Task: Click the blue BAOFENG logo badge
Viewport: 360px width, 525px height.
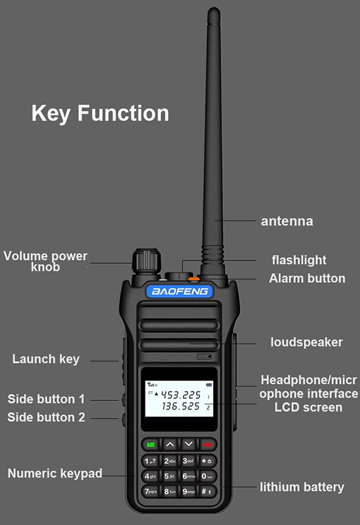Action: (x=180, y=291)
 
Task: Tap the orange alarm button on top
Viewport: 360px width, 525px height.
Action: (x=193, y=278)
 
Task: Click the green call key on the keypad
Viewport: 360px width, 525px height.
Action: (x=151, y=444)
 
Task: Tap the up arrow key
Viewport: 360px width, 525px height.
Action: (x=170, y=444)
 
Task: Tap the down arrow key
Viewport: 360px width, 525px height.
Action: (x=189, y=444)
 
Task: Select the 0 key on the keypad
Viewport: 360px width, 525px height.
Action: (x=207, y=476)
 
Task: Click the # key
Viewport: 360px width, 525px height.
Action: (x=207, y=491)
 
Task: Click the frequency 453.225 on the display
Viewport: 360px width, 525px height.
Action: (x=181, y=395)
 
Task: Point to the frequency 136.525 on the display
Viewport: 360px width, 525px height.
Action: (x=181, y=406)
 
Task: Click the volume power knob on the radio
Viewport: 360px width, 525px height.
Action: (x=146, y=261)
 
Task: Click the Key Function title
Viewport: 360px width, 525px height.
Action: (x=100, y=113)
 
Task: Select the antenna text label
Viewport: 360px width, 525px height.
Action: (x=287, y=221)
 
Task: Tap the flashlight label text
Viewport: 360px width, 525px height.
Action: (x=299, y=260)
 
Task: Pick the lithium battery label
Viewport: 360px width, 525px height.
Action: (x=302, y=487)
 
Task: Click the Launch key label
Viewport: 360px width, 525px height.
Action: (x=46, y=359)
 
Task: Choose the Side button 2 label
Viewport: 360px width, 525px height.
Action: (x=46, y=417)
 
